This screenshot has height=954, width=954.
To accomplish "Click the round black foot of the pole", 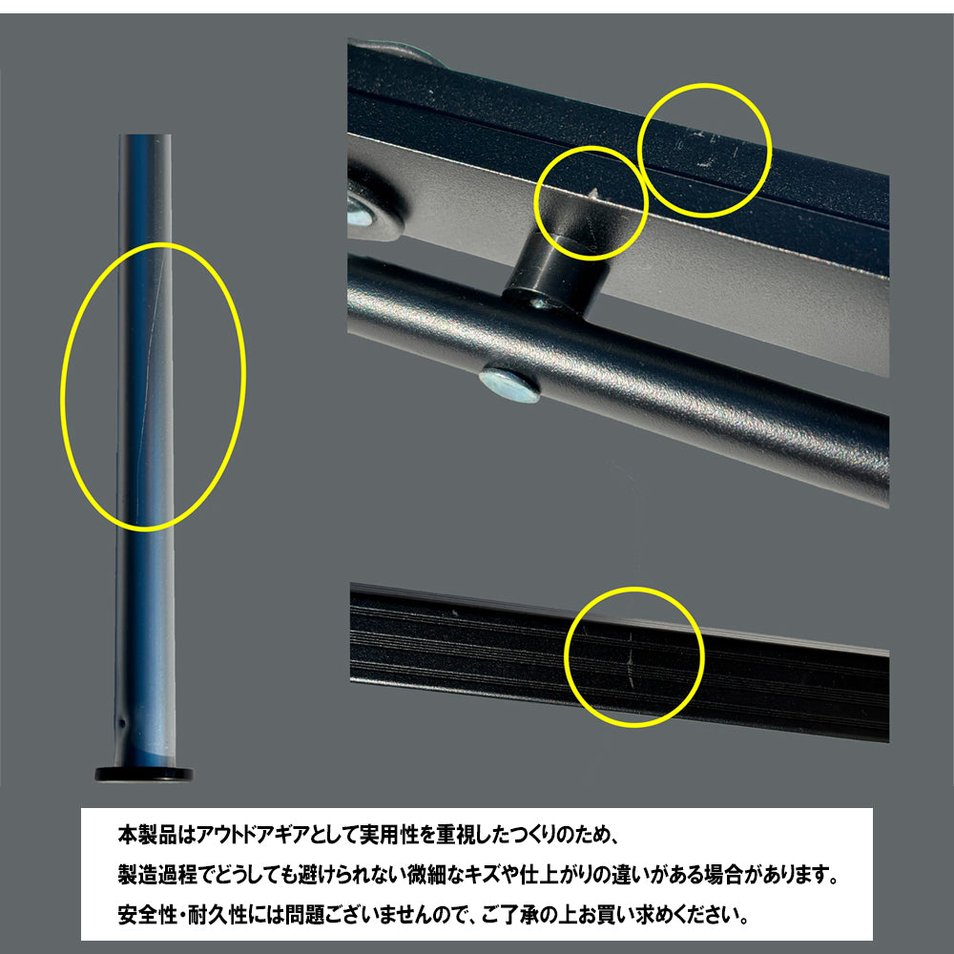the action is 144,774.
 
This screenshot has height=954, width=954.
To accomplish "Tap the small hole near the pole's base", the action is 122,724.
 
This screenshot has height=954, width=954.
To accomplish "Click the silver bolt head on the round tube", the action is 509,384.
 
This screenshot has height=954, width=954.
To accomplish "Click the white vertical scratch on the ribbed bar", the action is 631,659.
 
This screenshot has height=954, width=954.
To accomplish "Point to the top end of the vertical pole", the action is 144,135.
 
